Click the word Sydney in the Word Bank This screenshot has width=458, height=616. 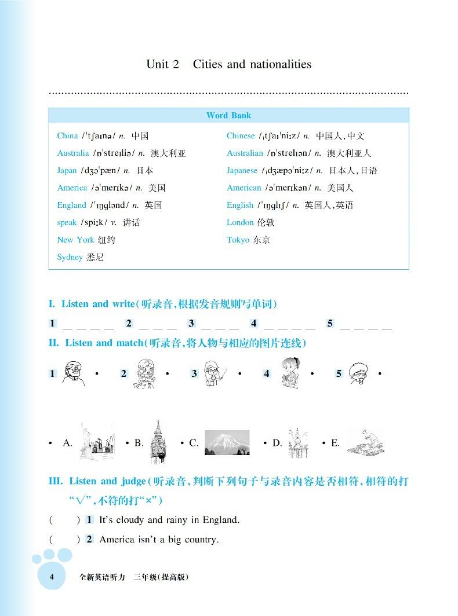(70, 258)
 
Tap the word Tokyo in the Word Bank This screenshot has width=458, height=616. (238, 240)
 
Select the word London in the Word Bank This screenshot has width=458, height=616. (240, 223)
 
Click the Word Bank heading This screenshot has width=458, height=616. (228, 116)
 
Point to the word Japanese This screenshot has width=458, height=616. (242, 171)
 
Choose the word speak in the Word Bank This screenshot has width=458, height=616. (67, 223)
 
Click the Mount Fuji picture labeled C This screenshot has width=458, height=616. (227, 443)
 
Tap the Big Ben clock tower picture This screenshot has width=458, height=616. (157, 442)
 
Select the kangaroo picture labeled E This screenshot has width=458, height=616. (365, 442)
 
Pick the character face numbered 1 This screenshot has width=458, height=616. (74, 374)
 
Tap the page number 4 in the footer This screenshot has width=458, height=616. (52, 577)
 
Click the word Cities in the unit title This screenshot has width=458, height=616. (208, 64)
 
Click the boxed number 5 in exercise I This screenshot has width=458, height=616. (330, 324)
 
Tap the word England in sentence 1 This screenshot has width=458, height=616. (219, 520)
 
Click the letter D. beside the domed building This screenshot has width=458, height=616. (277, 443)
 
